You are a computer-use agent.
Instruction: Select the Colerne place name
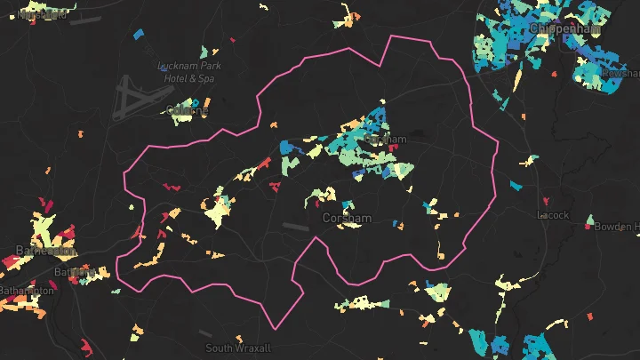(x=188, y=110)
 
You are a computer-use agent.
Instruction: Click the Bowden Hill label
(x=617, y=227)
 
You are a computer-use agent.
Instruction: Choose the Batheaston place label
(x=36, y=252)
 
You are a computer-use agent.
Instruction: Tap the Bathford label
(x=73, y=271)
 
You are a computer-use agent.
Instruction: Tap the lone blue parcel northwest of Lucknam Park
(x=137, y=35)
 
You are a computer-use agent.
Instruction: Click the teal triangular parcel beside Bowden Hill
(x=590, y=219)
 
